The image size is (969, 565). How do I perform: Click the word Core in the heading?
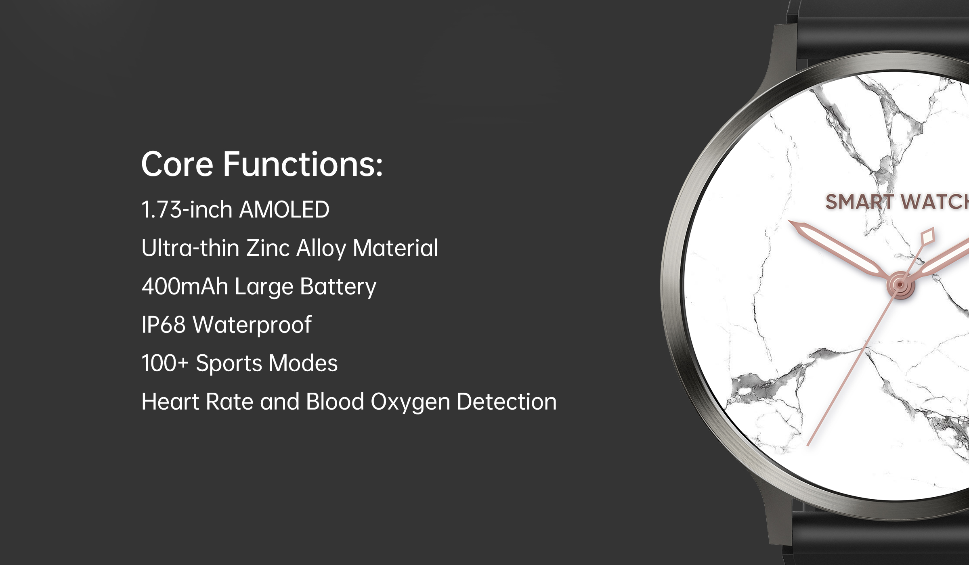pyautogui.click(x=177, y=164)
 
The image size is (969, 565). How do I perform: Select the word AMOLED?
pyautogui.click(x=284, y=210)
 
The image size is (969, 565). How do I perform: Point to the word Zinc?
pyautogui.click(x=268, y=248)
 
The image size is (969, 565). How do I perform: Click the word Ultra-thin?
pyautogui.click(x=190, y=247)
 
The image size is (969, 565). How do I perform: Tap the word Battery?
pyautogui.click(x=338, y=287)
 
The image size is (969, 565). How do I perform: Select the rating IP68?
pyautogui.click(x=164, y=324)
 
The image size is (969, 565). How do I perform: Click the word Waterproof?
pyautogui.click(x=252, y=325)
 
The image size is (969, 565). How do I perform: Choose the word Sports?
pyautogui.click(x=229, y=364)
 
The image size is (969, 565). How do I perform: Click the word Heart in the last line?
pyautogui.click(x=170, y=402)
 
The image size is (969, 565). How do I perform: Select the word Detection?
pyautogui.click(x=507, y=402)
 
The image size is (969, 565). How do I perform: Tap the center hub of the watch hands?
pyautogui.click(x=900, y=285)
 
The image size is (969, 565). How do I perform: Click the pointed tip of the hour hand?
pyautogui.click(x=790, y=222)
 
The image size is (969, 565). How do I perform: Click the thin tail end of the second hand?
pyautogui.click(x=807, y=446)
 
